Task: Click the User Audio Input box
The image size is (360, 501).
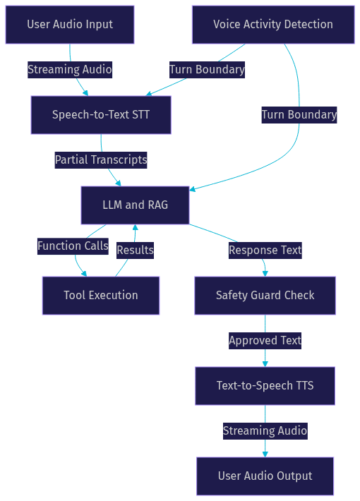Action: coord(70,25)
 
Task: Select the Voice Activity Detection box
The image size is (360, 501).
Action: coord(273,25)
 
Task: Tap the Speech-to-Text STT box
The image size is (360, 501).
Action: coord(101,115)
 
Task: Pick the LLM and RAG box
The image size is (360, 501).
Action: coord(136,205)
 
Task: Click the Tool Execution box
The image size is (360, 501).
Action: coord(101,296)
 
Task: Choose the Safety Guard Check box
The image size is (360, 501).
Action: coord(265,296)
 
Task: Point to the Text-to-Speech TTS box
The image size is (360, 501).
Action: coord(265,386)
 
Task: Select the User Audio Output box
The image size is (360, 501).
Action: coord(265,476)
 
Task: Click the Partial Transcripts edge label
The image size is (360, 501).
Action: coord(101,160)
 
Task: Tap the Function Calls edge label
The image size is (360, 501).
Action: coord(73,246)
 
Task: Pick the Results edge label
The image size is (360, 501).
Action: coord(136,250)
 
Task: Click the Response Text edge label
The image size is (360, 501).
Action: coord(265,250)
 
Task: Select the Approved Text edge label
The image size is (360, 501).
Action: coord(265,341)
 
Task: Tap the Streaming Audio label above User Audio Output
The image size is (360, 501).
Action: coord(265,431)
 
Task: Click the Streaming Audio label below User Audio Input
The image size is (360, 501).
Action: coord(70,70)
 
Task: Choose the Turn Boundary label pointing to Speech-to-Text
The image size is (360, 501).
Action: coord(207,70)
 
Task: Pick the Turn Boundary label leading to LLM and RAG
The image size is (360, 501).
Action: coord(299,115)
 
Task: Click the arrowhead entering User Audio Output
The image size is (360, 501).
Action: coord(265,454)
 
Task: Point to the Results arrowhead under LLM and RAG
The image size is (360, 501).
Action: coord(136,227)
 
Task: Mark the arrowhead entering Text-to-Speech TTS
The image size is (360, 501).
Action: coord(265,364)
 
